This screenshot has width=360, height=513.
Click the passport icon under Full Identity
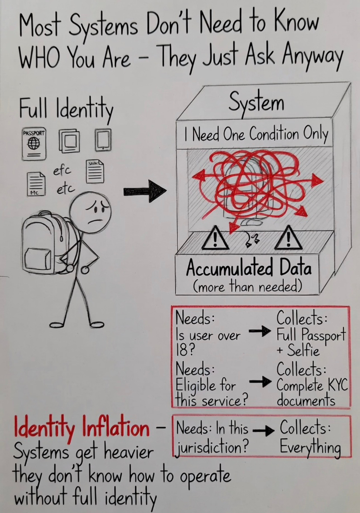tap(34, 144)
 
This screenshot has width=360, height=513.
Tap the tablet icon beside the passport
tap(103, 140)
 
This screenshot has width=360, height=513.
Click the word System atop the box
tap(257, 103)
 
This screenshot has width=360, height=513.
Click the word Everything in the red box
tap(310, 447)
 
